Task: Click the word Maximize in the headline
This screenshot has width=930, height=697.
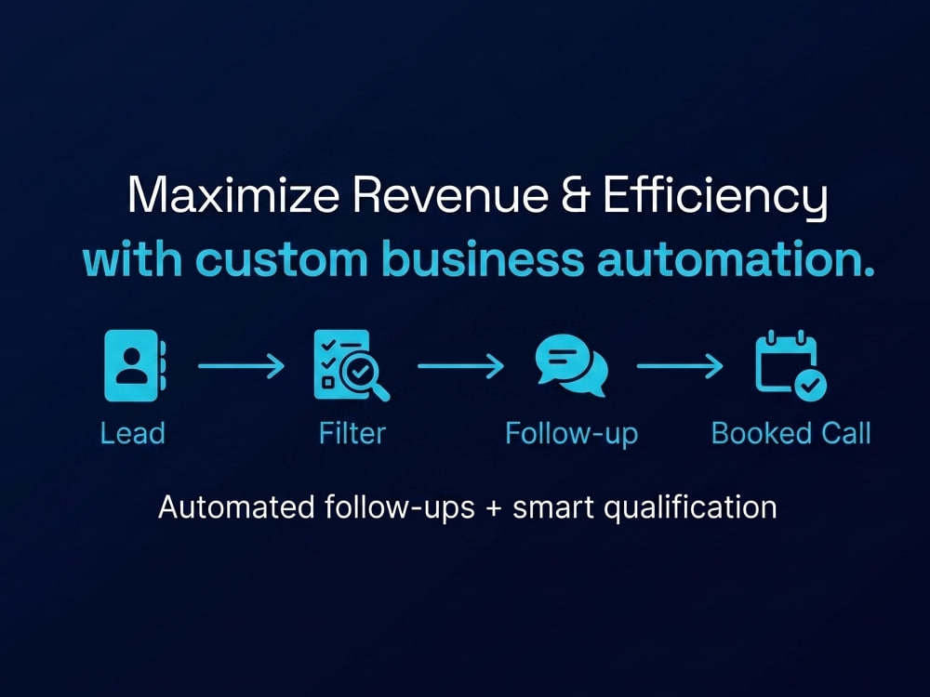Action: point(233,194)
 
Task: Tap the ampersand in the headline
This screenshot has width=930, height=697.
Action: point(576,194)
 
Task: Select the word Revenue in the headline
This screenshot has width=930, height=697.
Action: point(450,194)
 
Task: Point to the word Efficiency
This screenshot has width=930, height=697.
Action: point(715,198)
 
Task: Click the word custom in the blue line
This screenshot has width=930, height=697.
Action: point(282,260)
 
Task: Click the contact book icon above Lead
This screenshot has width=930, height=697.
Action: point(135,365)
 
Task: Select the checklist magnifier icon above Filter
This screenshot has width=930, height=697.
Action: point(352,365)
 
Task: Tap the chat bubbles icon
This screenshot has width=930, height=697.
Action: point(571,365)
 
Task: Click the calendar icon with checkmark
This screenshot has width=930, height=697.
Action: point(790,365)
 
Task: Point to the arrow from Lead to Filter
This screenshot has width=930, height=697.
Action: point(242,365)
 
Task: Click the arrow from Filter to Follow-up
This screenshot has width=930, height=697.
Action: point(461,365)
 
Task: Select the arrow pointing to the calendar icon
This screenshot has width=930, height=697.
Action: point(680,365)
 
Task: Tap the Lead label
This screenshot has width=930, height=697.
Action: point(132,433)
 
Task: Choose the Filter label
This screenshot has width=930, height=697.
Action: point(352,433)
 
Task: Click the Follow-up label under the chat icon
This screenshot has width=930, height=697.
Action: point(571,434)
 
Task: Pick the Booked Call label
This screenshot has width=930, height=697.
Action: point(791,433)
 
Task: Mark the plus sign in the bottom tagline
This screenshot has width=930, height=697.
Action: point(494,509)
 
